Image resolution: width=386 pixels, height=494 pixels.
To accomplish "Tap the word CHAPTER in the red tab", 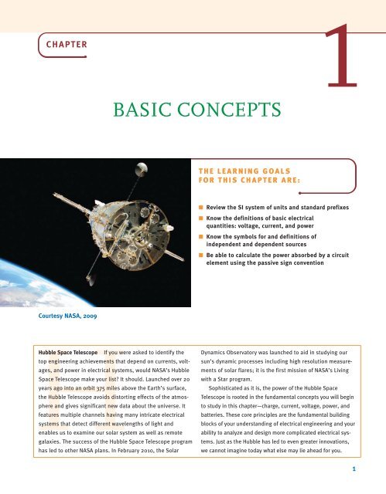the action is (65, 44).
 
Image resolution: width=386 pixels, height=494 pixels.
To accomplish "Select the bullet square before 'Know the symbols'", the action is (201, 259).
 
